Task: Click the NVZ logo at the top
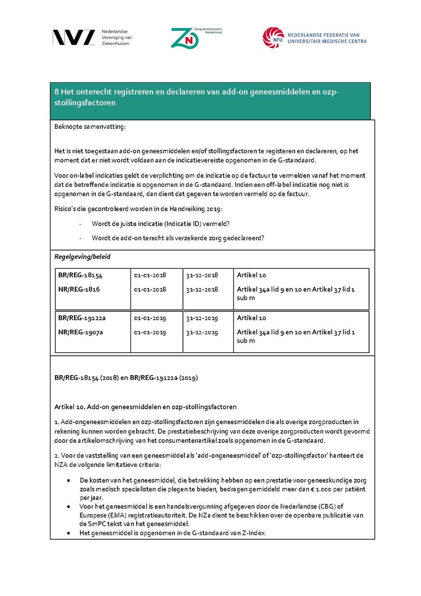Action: click(73, 37)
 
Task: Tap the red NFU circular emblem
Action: click(273, 37)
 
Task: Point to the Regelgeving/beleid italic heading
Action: click(82, 257)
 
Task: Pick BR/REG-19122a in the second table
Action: click(82, 318)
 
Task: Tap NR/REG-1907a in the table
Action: click(80, 332)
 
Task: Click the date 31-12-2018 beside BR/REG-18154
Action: click(202, 275)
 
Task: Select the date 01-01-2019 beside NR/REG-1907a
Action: click(150, 332)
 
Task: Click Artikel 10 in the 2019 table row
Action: click(251, 318)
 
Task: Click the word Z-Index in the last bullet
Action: click(254, 533)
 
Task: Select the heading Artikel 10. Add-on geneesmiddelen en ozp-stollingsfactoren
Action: click(145, 406)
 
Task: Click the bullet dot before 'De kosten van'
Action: click(69, 480)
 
